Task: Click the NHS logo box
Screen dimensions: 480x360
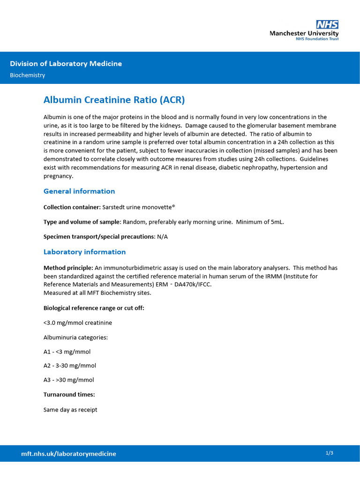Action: [x=327, y=24]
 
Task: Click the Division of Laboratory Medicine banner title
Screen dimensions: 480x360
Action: [x=66, y=64]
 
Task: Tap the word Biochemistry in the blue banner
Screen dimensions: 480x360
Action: [x=28, y=75]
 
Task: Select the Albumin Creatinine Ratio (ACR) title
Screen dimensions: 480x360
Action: [x=114, y=100]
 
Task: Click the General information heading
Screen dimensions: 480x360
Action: [x=79, y=191]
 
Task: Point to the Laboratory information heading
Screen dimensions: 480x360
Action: [x=84, y=252]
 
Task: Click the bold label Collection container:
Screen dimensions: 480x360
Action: [x=72, y=207]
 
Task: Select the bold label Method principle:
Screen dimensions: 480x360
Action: [x=68, y=268]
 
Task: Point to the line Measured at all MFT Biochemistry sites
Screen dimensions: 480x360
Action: [x=97, y=293]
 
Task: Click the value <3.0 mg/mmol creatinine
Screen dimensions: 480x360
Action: [x=77, y=322]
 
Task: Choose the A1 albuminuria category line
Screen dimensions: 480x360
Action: [x=67, y=352]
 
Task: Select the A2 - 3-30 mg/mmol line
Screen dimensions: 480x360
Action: [x=69, y=366]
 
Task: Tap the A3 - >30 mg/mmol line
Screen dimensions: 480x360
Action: [x=68, y=380]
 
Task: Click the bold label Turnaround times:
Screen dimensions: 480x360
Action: [x=69, y=395]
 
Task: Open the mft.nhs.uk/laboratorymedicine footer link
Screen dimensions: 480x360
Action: [x=68, y=454]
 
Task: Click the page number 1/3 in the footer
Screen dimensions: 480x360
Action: [x=329, y=453]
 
